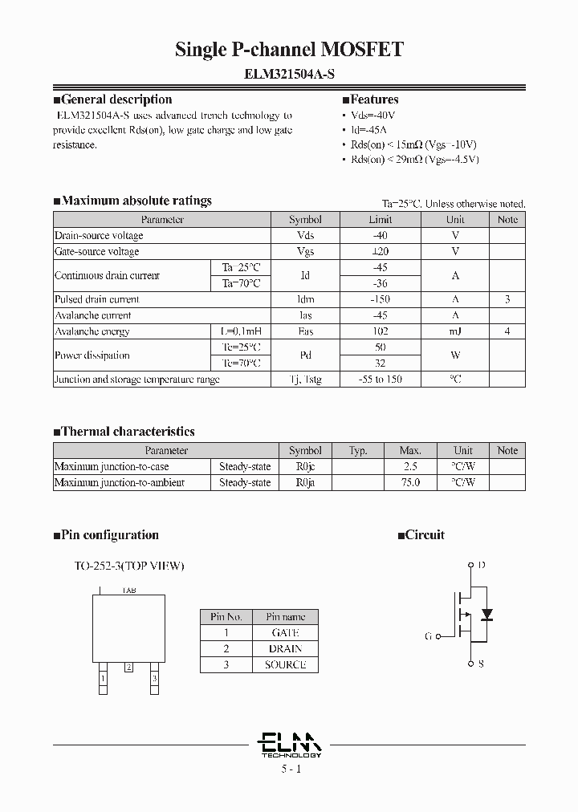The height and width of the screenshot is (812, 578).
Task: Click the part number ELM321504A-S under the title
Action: [289, 73]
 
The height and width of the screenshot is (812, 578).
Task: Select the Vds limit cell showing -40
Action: [380, 235]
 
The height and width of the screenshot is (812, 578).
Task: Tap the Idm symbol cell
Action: [305, 299]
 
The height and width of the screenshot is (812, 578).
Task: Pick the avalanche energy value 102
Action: [380, 331]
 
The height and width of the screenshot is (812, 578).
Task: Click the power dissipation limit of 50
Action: [380, 347]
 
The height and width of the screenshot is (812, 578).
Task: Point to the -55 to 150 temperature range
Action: [380, 380]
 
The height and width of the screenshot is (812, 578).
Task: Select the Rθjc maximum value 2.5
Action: [410, 466]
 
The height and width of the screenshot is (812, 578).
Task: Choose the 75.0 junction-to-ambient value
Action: [410, 482]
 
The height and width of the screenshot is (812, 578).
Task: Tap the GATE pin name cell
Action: [285, 632]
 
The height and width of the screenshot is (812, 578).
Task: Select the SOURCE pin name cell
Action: [285, 664]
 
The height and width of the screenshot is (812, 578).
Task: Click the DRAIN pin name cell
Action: [285, 648]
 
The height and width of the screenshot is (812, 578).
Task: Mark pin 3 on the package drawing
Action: [154, 679]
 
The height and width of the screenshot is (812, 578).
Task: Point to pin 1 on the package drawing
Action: [103, 679]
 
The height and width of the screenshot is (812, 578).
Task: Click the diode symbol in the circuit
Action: [485, 614]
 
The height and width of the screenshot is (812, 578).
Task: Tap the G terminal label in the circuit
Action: [429, 636]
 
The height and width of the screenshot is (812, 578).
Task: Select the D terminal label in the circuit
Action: [481, 566]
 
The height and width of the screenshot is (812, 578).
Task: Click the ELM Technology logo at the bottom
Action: [291, 745]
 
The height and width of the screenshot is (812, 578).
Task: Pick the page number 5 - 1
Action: [291, 769]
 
